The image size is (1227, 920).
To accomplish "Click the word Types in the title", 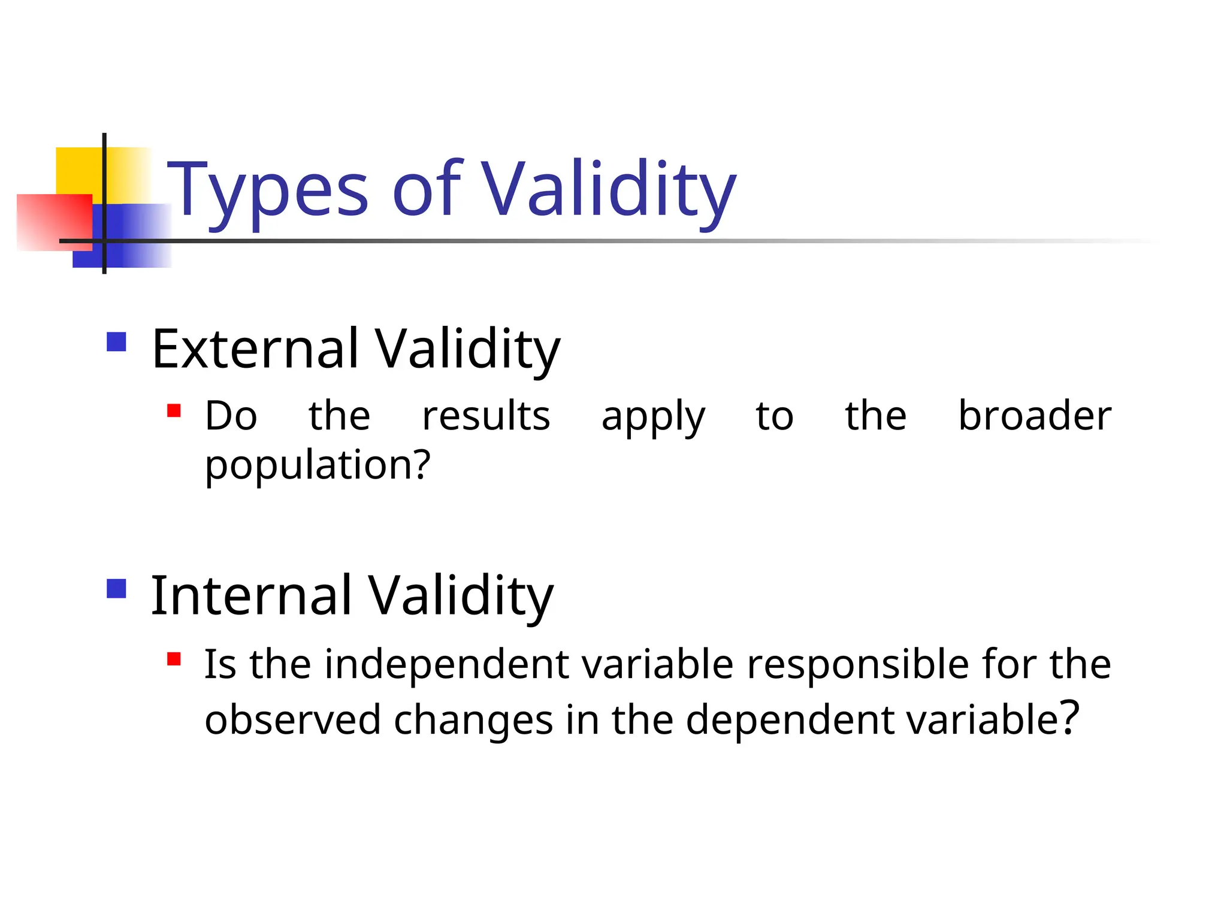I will pyautogui.click(x=267, y=190).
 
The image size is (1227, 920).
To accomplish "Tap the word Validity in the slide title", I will pyautogui.click(x=609, y=190).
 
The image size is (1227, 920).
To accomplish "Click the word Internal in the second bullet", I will pyautogui.click(x=251, y=595).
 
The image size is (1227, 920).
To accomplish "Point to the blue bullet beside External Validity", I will pyautogui.click(x=116, y=342).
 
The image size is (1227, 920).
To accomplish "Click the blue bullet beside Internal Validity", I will pyautogui.click(x=116, y=589).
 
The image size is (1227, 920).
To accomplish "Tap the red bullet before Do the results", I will pyautogui.click(x=174, y=411).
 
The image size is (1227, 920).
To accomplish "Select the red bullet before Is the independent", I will pyautogui.click(x=174, y=659).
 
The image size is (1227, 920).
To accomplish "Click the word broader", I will pyautogui.click(x=1035, y=416).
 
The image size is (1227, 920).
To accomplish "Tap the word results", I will pyautogui.click(x=486, y=416).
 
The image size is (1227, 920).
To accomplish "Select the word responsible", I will pyautogui.click(x=858, y=664).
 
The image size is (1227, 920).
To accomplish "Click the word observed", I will pyautogui.click(x=293, y=719).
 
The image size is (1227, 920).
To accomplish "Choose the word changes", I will pyautogui.click(x=473, y=721).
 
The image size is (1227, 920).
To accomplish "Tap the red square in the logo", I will pyautogui.click(x=54, y=222).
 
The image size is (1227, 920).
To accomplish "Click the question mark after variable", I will pyautogui.click(x=1069, y=717).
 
